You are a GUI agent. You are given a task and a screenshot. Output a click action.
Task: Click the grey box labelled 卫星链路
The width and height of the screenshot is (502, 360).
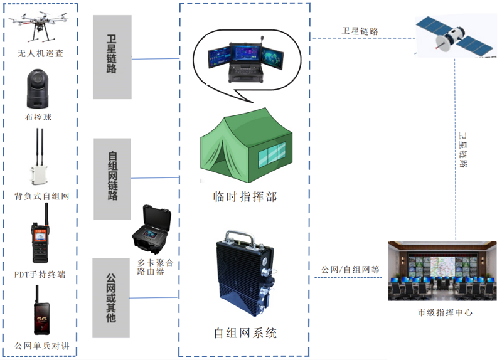(112, 57)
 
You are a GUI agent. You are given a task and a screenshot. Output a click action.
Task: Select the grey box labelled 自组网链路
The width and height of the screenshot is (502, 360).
(112, 179)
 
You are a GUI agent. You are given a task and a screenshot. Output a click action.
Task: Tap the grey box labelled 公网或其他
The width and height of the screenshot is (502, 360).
(112, 298)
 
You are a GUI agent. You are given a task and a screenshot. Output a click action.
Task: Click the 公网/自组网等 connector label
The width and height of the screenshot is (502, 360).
(350, 270)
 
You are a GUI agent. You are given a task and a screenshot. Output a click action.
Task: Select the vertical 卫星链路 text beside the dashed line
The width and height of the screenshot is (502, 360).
(464, 151)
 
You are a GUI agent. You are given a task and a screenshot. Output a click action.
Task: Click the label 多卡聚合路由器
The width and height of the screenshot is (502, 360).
(155, 267)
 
